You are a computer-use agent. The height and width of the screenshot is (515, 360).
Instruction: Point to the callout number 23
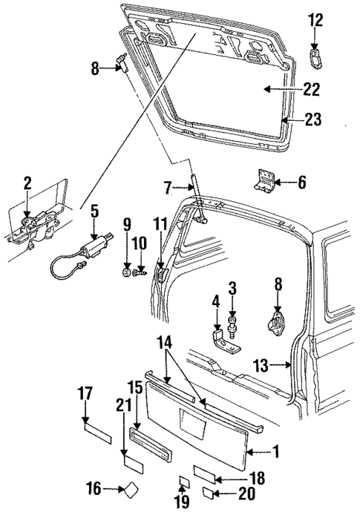click(x=312, y=119)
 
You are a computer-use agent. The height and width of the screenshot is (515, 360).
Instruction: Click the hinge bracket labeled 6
click(x=265, y=180)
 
